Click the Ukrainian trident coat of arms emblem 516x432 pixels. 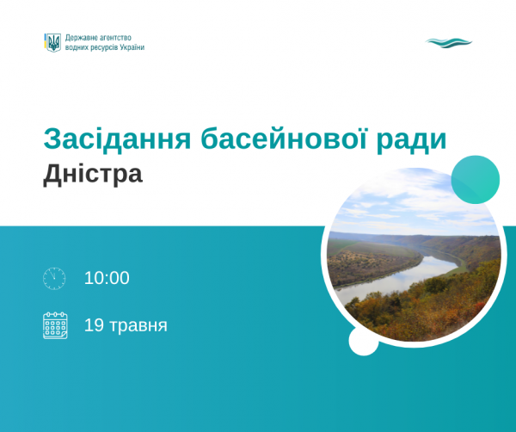52,42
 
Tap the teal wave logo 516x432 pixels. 449,43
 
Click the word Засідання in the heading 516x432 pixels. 117,139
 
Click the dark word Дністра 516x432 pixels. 93,175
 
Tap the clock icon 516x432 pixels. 54,279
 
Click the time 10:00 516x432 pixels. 107,278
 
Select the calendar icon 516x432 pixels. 55,325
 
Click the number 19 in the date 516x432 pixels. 94,325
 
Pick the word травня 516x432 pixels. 138,325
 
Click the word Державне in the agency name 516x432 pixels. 81,38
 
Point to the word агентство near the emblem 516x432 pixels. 115,38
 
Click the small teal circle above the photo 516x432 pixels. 476,180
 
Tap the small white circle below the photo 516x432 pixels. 363,341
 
